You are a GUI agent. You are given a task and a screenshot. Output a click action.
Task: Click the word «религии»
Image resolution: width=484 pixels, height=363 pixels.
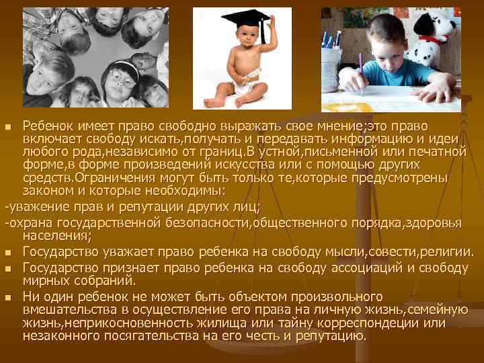pyautogui.click(x=446, y=252)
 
